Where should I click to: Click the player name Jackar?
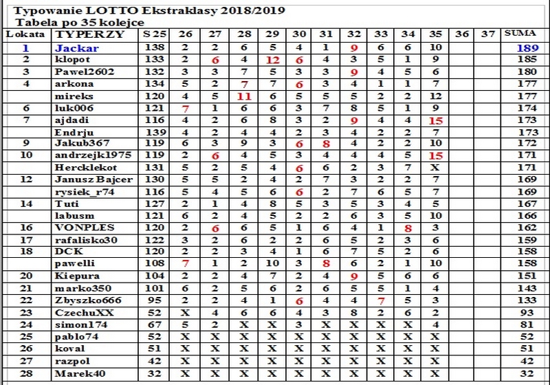pos(78,48)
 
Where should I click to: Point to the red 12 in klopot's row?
pos(272,60)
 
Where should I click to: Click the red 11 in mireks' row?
pos(243,96)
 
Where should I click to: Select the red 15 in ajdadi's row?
pos(434,120)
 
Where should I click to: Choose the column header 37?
pos(488,34)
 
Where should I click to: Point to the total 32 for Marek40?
pos(528,373)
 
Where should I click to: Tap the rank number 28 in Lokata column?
pos(25,373)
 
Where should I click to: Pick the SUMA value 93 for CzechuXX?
pos(528,312)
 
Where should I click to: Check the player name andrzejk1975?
pos(89,156)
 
